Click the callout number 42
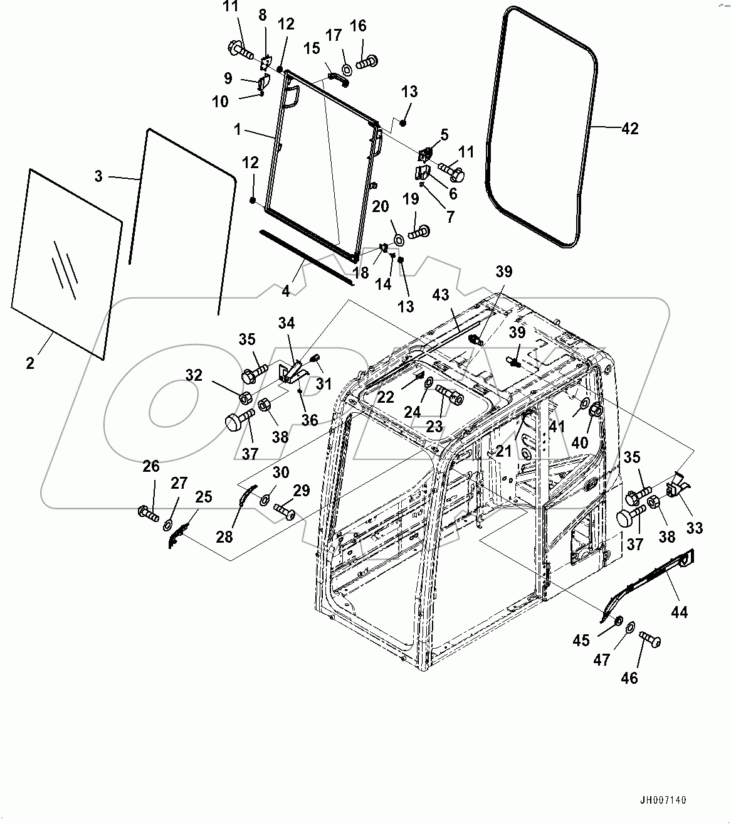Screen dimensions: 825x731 pyautogui.click(x=629, y=129)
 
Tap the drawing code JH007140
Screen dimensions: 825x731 pyautogui.click(x=663, y=801)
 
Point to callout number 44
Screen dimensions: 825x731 pyautogui.click(x=679, y=612)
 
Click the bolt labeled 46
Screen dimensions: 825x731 pyautogui.click(x=650, y=640)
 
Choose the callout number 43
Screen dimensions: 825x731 pyautogui.click(x=441, y=294)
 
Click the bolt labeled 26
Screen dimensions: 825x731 pyautogui.click(x=149, y=513)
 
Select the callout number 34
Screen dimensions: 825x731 pyautogui.click(x=287, y=323)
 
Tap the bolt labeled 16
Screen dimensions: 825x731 pyautogui.click(x=367, y=61)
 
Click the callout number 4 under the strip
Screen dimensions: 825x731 pyautogui.click(x=286, y=291)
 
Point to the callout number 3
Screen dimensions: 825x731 pyautogui.click(x=98, y=176)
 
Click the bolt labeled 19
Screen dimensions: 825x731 pyautogui.click(x=418, y=233)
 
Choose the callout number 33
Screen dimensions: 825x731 pyautogui.click(x=694, y=528)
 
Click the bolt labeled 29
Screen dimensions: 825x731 pyautogui.click(x=285, y=513)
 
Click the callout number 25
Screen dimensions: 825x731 pyautogui.click(x=203, y=497)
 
